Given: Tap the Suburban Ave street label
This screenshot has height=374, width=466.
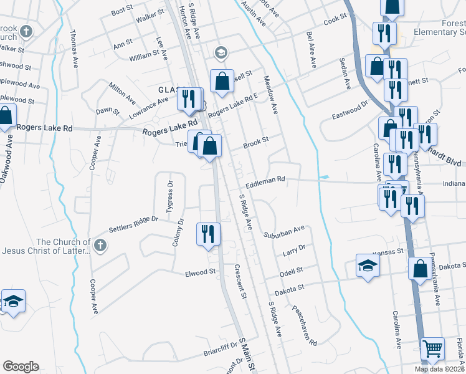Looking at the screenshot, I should coord(283,231).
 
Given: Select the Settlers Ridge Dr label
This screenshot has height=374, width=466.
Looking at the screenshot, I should coord(133,224).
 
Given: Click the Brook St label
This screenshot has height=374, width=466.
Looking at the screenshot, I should coord(255,141).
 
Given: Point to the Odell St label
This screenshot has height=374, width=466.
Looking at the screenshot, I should coord(290,271).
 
